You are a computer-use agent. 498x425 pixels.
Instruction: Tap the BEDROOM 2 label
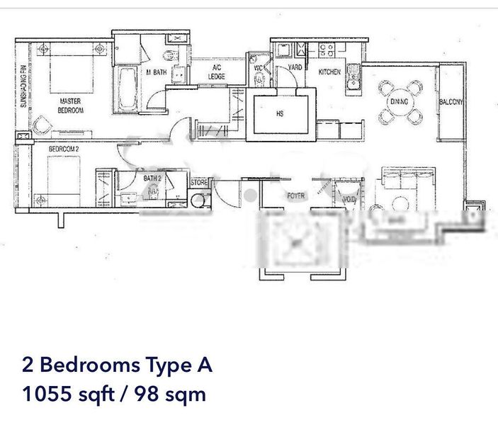pyautogui.click(x=63, y=149)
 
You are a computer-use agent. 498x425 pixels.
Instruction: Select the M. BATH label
pyautogui.click(x=156, y=72)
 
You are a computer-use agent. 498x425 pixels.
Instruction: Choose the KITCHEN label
pyautogui.click(x=329, y=72)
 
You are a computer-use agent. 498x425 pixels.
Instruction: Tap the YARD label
pyautogui.click(x=295, y=68)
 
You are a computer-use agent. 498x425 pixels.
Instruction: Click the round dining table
pyautogui.click(x=399, y=102)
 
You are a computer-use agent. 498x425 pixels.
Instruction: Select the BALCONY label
pyautogui.click(x=451, y=102)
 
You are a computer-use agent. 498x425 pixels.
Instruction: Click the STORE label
pyautogui.click(x=199, y=183)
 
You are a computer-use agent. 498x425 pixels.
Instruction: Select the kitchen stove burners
pyautogui.click(x=327, y=50)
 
